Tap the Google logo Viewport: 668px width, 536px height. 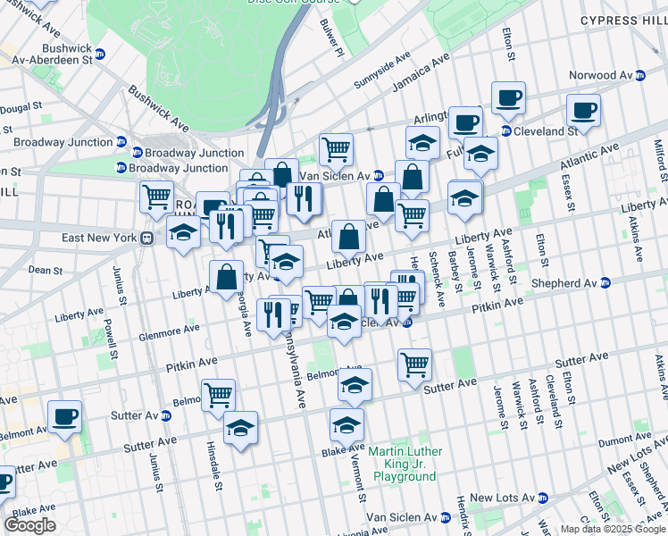29,525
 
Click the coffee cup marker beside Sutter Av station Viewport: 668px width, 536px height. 63,417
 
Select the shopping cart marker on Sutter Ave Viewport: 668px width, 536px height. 414,364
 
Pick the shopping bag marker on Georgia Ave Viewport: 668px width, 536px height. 227,277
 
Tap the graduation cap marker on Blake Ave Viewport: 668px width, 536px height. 347,425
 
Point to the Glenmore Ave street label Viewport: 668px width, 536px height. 171,332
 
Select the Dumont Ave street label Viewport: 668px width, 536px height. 625,441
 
